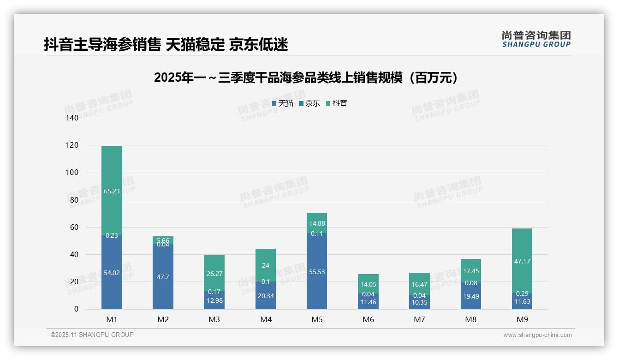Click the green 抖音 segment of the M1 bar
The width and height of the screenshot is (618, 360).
(x=112, y=203)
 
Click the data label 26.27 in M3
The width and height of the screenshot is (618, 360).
(x=214, y=274)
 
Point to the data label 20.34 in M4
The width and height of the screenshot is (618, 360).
(x=266, y=296)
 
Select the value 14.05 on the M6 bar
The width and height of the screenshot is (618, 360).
(x=368, y=285)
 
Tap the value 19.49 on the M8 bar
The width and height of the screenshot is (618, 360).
(x=471, y=296)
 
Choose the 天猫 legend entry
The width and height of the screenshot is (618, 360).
(x=283, y=103)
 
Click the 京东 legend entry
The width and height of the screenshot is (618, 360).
(x=309, y=103)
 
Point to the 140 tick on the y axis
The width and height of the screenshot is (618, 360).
(x=72, y=118)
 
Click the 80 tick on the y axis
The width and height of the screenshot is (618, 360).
(x=74, y=200)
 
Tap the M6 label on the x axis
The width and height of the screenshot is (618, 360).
(x=368, y=319)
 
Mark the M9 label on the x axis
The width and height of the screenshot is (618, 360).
(x=522, y=319)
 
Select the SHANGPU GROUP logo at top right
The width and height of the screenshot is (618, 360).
(x=536, y=39)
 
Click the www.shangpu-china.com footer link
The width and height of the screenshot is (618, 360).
(x=537, y=335)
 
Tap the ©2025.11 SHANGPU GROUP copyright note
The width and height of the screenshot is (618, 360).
(x=92, y=335)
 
